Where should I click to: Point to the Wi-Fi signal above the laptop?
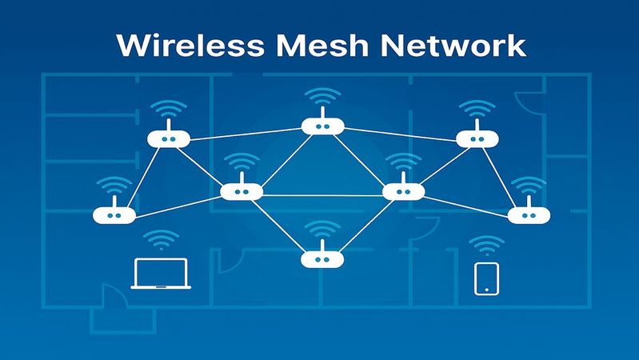click(162, 239)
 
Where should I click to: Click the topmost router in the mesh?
click(323, 126)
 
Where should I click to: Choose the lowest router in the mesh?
click(321, 258)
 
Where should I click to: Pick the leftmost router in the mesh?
click(114, 215)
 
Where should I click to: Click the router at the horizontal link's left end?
click(241, 192)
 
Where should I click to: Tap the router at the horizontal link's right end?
click(404, 192)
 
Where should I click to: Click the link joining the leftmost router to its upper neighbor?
click(142, 178)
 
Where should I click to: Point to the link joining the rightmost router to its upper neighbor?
click(504, 178)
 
